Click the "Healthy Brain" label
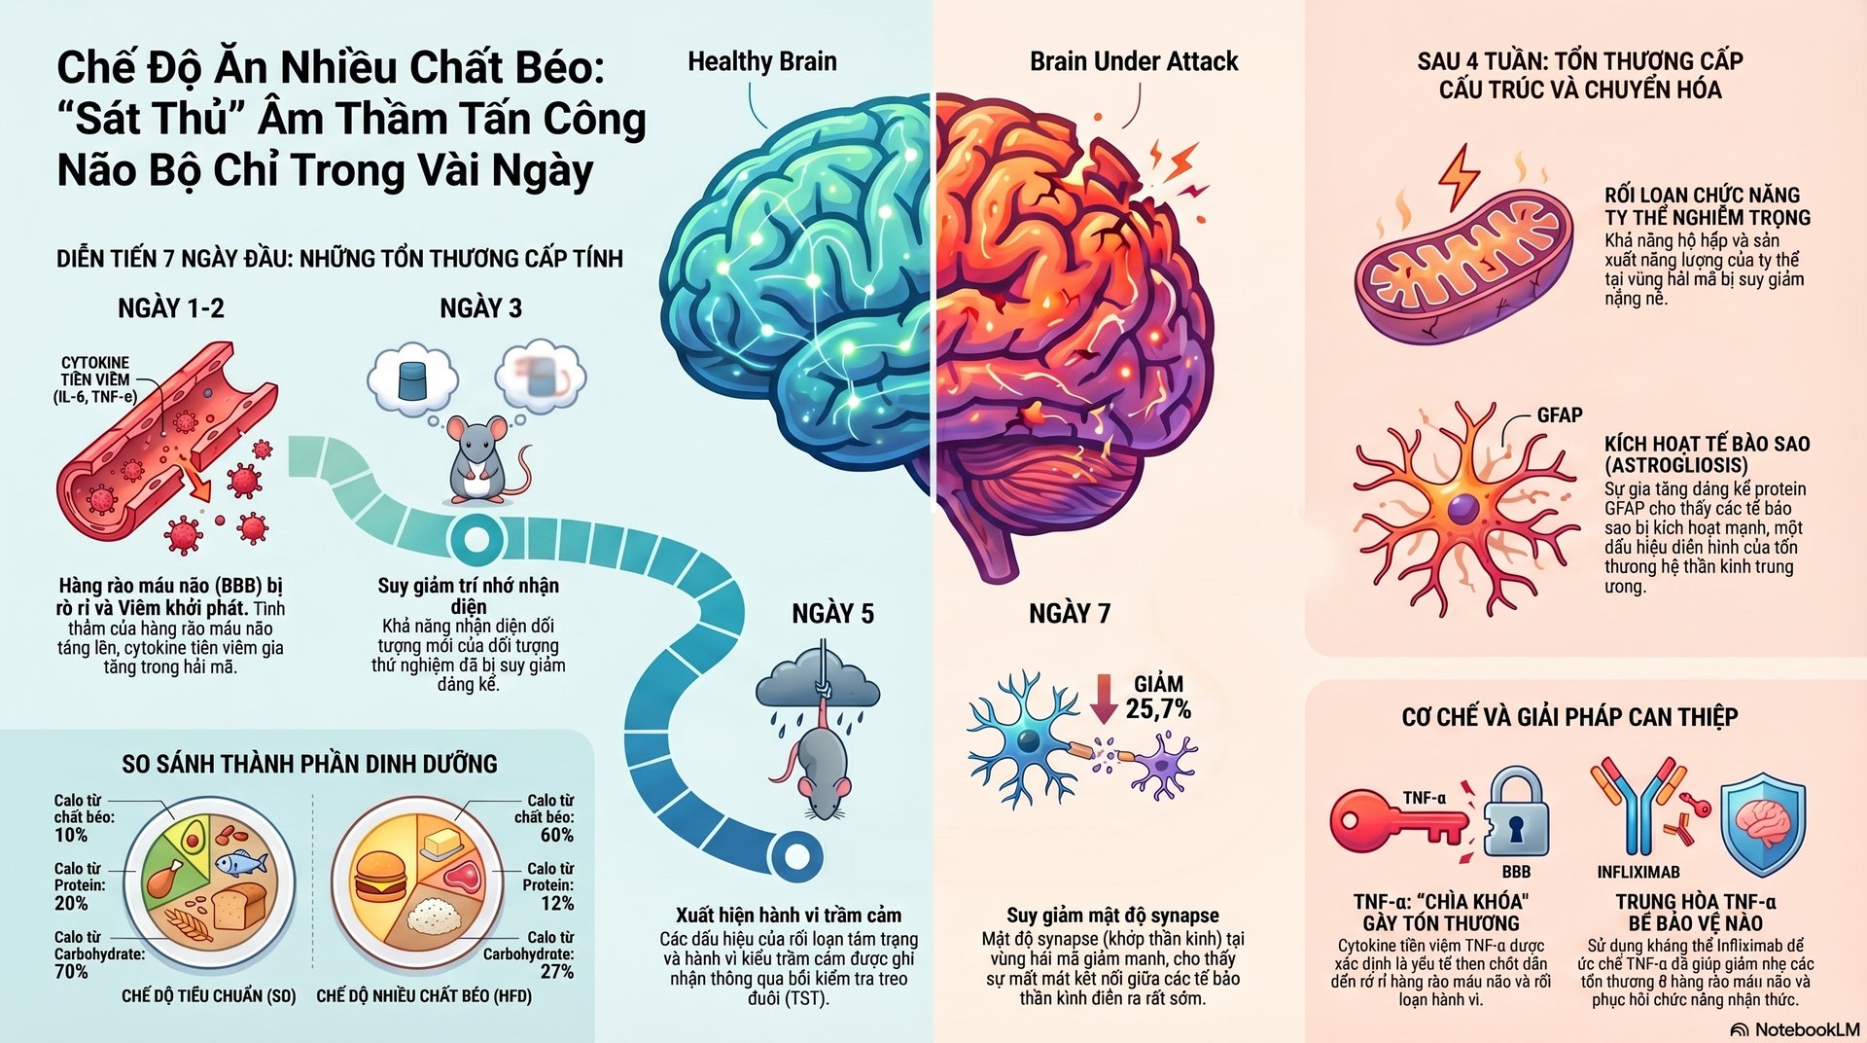coord(761,62)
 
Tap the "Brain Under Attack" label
coord(1134,62)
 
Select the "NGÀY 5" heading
coord(832,614)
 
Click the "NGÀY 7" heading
coord(1070,614)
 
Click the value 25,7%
coord(1158,709)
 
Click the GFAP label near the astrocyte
coord(1559,415)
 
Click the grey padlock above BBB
coord(1516,812)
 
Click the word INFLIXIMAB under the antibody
coord(1638,872)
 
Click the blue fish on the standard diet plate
coord(240,862)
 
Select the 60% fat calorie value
coord(557,835)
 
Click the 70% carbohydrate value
coord(71,971)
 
